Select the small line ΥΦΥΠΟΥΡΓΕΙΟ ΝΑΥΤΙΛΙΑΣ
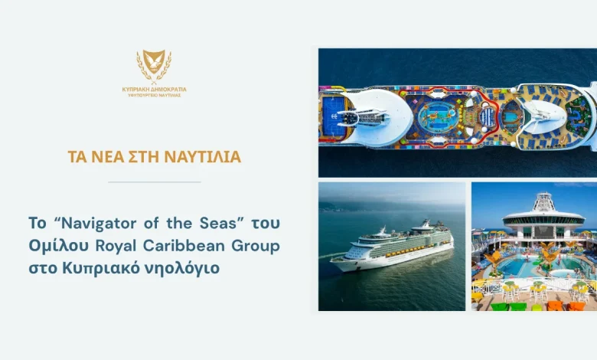coord(154,95)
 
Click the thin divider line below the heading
coord(154,182)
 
